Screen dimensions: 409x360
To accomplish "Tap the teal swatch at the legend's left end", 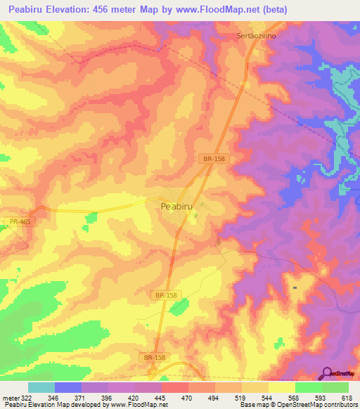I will point(41,387).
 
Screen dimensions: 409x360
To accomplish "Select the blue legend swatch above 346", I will point(67,387).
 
